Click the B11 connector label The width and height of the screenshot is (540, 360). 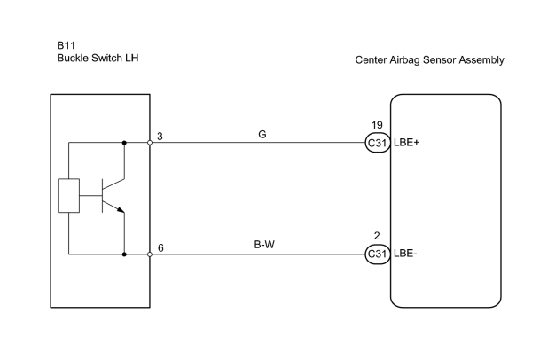pyautogui.click(x=66, y=45)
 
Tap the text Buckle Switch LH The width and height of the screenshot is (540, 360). pyautogui.click(x=98, y=58)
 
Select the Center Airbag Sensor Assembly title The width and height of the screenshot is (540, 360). pyautogui.click(x=429, y=60)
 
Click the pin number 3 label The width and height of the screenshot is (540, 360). pyautogui.click(x=160, y=137)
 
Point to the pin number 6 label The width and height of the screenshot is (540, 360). pyautogui.click(x=160, y=248)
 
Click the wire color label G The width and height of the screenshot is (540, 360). pyautogui.click(x=262, y=135)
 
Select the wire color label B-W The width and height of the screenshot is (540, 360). pyautogui.click(x=264, y=245)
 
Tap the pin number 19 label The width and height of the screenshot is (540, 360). pyautogui.click(x=377, y=125)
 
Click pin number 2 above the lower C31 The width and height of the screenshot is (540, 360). pyautogui.click(x=377, y=236)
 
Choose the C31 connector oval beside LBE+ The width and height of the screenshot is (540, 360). pyautogui.click(x=378, y=143)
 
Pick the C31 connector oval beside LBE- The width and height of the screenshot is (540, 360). pyautogui.click(x=378, y=254)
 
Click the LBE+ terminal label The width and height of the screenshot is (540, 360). pyautogui.click(x=406, y=143)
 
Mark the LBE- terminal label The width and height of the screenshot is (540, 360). pyautogui.click(x=405, y=254)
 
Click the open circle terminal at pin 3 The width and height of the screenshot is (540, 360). pyautogui.click(x=150, y=143)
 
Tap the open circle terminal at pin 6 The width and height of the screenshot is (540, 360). pyautogui.click(x=150, y=254)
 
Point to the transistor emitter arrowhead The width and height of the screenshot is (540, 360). pyautogui.click(x=121, y=210)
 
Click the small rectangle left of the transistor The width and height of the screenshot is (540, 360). pyautogui.click(x=69, y=196)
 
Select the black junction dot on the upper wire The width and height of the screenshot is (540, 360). pyautogui.click(x=124, y=143)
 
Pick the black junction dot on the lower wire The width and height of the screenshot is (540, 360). pyautogui.click(x=124, y=254)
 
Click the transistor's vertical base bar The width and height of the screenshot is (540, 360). pyautogui.click(x=102, y=196)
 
